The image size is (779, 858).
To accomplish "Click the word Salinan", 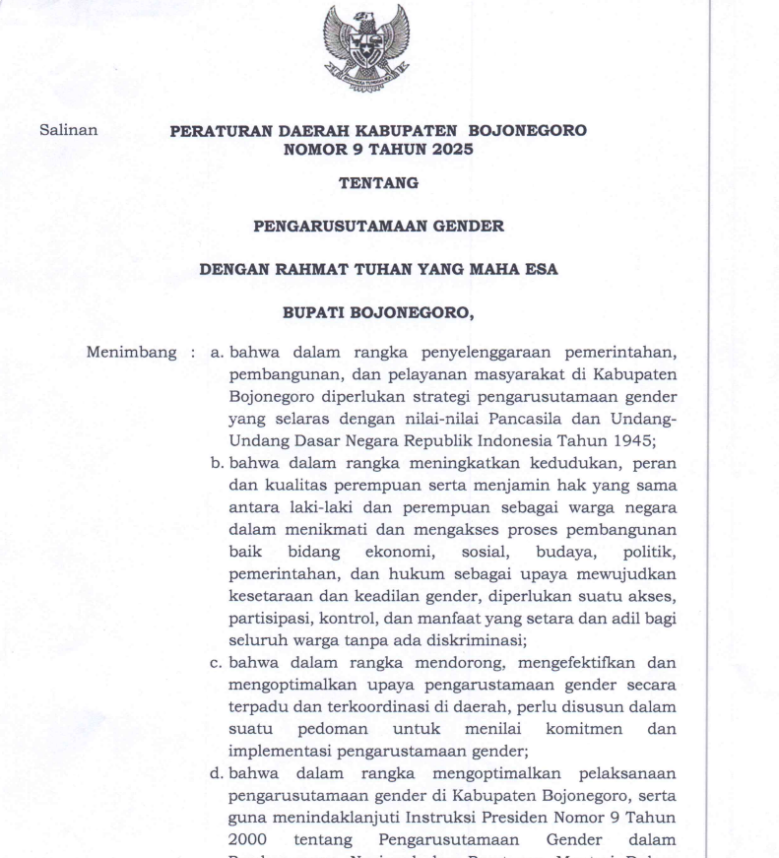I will [68, 130].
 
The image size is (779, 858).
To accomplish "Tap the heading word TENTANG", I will [378, 183].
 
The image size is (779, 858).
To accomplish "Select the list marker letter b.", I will [217, 462].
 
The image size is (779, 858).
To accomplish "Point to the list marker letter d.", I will [217, 773].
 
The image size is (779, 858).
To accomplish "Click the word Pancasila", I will [481, 418].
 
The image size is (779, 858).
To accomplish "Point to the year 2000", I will [247, 839].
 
